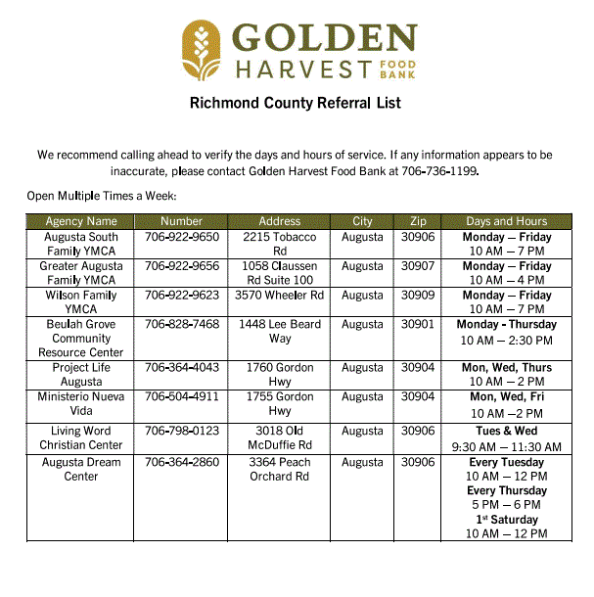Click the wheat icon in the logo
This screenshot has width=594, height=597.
(202, 51)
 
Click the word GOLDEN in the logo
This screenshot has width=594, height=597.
(324, 39)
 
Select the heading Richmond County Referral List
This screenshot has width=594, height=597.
(296, 103)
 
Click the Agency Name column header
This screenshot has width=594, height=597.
(81, 221)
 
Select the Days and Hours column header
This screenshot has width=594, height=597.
(506, 221)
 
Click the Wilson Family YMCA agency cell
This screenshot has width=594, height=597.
(81, 301)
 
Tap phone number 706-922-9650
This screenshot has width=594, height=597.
(182, 237)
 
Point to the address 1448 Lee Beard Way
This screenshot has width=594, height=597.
(280, 331)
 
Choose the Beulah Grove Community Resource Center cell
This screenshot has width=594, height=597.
(81, 338)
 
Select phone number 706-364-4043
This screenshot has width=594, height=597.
(182, 368)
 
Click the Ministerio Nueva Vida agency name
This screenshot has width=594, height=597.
(81, 403)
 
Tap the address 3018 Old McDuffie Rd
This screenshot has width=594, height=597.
(280, 437)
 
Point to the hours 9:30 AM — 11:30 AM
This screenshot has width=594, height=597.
(506, 446)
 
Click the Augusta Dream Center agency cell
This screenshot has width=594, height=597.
(81, 469)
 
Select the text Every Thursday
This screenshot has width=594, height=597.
(506, 490)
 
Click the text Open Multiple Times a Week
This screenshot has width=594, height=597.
(101, 196)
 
